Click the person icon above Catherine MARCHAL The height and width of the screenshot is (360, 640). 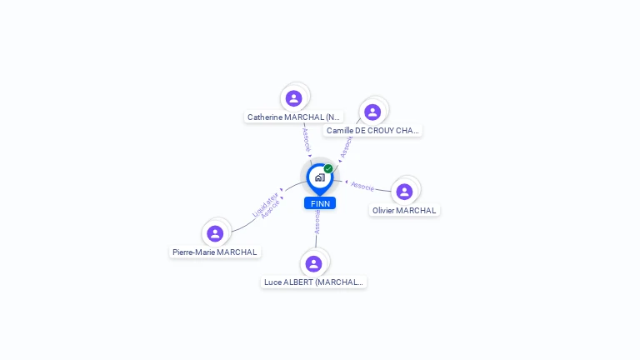tap(293, 98)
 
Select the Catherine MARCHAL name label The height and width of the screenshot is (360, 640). tap(293, 117)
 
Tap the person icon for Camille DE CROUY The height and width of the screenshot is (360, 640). tap(372, 112)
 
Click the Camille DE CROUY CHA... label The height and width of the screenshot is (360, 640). tap(372, 131)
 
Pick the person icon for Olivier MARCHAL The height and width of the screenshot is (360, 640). tap(404, 192)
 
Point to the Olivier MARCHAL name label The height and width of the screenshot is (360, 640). tap(404, 211)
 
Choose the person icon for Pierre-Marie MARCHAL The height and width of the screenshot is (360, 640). tap(215, 233)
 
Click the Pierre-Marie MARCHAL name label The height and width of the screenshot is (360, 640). tap(215, 252)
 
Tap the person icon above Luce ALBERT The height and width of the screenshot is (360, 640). tap(313, 263)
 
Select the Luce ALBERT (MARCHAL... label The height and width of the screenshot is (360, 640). tap(313, 282)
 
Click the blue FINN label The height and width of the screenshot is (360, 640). tap(320, 203)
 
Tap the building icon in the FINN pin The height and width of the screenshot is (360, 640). tap(319, 177)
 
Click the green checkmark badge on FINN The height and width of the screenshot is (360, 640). tap(328, 169)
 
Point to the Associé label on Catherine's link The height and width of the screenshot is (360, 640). tap(306, 138)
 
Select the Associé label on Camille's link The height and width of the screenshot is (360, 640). tap(346, 147)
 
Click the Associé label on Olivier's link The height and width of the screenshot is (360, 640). tap(362, 186)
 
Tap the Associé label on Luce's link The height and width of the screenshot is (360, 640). tap(317, 222)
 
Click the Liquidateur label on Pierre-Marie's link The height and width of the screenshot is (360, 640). tap(265, 202)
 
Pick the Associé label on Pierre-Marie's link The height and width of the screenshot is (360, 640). tap(271, 209)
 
